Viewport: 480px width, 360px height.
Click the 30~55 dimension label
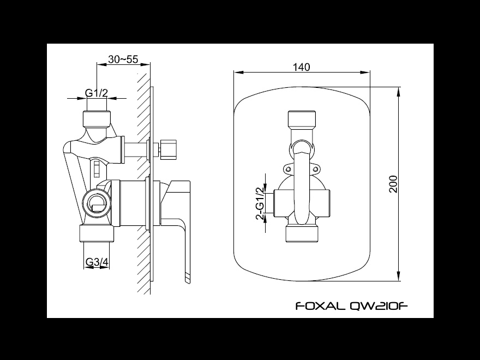point(123,59)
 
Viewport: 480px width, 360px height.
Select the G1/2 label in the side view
point(97,93)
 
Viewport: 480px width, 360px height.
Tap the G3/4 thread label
point(97,262)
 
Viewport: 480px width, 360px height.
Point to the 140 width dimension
point(302,67)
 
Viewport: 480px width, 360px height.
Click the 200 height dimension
point(393,184)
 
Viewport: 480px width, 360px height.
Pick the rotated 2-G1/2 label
point(260,203)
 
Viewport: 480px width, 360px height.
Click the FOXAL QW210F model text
point(352,306)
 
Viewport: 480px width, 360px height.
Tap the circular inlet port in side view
point(97,202)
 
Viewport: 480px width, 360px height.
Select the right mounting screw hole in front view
point(316,169)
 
